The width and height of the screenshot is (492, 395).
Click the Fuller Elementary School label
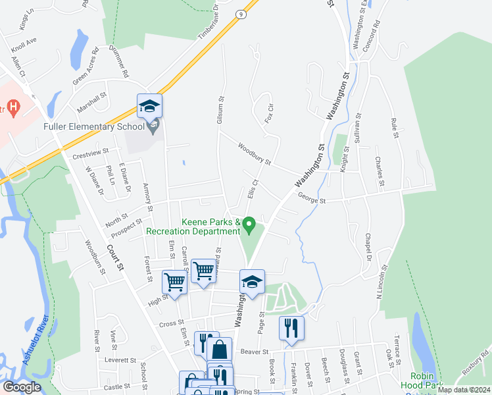tap(93, 126)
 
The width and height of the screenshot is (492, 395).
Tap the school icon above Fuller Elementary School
tap(149, 106)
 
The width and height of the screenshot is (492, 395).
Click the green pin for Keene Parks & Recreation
tap(249, 225)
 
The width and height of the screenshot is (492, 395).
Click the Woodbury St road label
tap(255, 155)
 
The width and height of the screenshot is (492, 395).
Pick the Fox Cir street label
tap(268, 112)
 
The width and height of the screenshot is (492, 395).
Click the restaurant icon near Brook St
tap(291, 328)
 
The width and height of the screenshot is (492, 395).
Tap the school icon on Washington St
tap(252, 282)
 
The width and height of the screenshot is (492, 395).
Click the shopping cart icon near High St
tap(175, 282)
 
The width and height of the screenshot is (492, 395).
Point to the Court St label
tap(115, 257)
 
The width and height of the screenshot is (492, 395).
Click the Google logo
tap(22, 386)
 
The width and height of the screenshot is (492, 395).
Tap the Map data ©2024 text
tap(463, 390)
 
